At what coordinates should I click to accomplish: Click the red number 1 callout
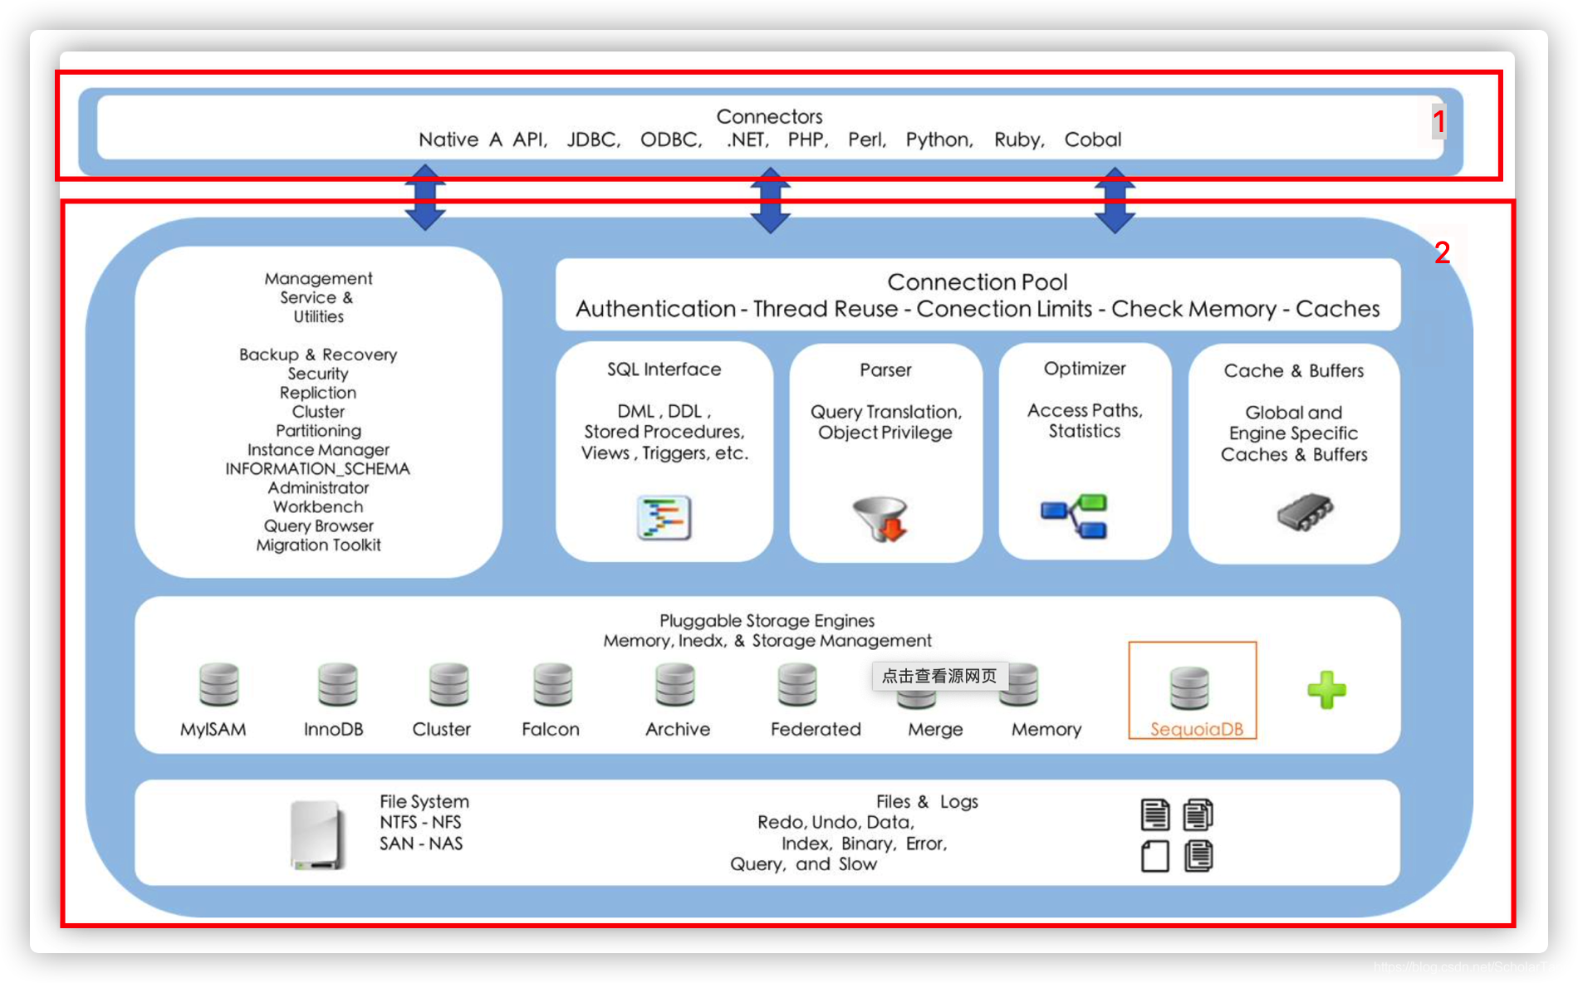tap(1439, 122)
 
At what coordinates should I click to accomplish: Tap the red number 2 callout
tap(1443, 252)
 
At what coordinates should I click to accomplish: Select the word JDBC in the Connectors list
tap(593, 139)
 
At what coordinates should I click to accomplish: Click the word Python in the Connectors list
tap(939, 139)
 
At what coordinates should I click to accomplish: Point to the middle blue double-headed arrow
tap(770, 200)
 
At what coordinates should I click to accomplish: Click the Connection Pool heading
tap(978, 282)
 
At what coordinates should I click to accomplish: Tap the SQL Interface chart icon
tap(664, 517)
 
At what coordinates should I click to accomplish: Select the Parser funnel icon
tap(882, 518)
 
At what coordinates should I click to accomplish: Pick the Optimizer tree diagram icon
tap(1075, 516)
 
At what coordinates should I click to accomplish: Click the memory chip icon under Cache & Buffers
tap(1305, 511)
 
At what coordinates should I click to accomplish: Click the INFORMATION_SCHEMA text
tap(318, 469)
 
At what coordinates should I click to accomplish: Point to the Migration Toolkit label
tap(318, 545)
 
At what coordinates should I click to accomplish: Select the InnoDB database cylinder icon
tap(337, 685)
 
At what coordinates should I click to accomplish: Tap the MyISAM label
tap(213, 729)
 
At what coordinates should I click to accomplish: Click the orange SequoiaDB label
tap(1197, 729)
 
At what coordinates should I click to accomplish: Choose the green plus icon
tap(1326, 690)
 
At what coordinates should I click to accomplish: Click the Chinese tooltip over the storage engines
tap(939, 676)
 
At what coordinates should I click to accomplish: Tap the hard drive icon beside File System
tap(318, 834)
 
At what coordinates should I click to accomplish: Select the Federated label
tap(816, 729)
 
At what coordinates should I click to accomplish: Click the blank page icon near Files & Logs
tap(1155, 856)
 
